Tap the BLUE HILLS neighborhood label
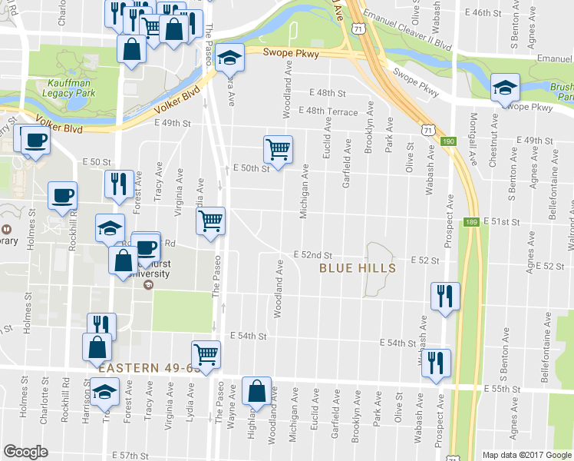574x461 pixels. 358,268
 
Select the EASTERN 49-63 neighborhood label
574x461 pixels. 149,368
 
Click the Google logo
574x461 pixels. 25,452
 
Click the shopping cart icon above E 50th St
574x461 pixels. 277,148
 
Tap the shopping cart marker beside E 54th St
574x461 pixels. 206,354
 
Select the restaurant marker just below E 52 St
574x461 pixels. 444,296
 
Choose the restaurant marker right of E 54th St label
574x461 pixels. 437,362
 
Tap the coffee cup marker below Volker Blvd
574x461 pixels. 35,141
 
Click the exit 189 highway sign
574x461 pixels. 471,223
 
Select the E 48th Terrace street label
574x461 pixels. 332,112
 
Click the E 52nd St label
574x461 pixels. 314,255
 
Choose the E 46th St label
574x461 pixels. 493,13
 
